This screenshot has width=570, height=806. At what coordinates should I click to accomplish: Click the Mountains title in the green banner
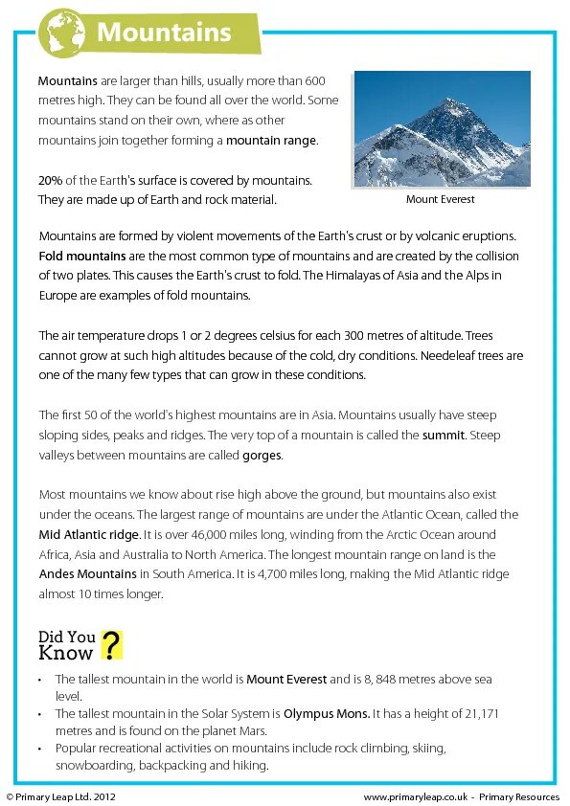tap(165, 33)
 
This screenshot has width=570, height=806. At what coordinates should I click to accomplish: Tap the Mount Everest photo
tap(442, 129)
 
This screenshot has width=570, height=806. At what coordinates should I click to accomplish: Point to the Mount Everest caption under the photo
tap(441, 199)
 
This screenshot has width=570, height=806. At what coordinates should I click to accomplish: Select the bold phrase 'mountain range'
tap(271, 140)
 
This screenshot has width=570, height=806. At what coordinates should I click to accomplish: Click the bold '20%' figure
tap(50, 180)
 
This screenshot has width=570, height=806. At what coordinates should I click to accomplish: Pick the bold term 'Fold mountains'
tap(82, 256)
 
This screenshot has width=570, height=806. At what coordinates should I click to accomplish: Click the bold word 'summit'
tap(445, 435)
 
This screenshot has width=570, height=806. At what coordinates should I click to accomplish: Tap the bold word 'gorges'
tap(262, 455)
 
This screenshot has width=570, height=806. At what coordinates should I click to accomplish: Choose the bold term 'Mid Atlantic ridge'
tap(89, 534)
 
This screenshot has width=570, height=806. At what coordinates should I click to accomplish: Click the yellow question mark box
tap(112, 645)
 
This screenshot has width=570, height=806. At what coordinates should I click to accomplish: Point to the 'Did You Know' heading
tap(67, 645)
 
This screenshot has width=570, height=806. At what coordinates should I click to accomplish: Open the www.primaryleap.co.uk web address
tap(415, 796)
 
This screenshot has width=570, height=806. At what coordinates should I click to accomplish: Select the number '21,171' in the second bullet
tap(481, 713)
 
